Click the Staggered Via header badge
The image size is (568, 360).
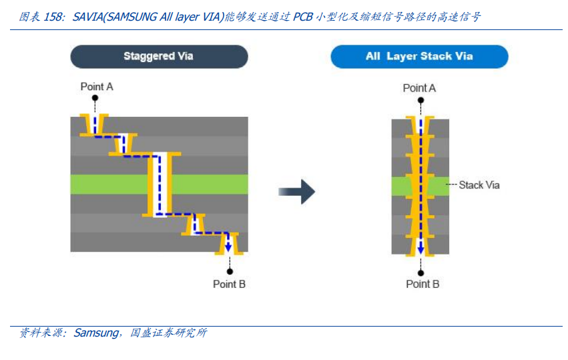(x=159, y=56)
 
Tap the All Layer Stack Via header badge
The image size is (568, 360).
(x=419, y=56)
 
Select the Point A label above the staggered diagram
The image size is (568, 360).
(x=97, y=86)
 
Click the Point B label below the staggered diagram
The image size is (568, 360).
(x=229, y=284)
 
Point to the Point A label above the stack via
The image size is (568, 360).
(x=419, y=87)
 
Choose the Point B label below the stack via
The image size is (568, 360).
(x=422, y=284)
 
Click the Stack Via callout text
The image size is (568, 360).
(x=479, y=184)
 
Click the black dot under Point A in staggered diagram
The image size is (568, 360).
(x=95, y=98)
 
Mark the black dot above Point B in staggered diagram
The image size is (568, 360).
(x=230, y=271)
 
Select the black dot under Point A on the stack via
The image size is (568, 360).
(x=420, y=100)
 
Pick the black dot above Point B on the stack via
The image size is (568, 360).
(x=420, y=271)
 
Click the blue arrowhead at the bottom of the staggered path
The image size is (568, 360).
(x=228, y=247)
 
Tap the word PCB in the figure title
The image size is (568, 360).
(x=303, y=17)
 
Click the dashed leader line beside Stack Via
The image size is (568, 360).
(x=452, y=184)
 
